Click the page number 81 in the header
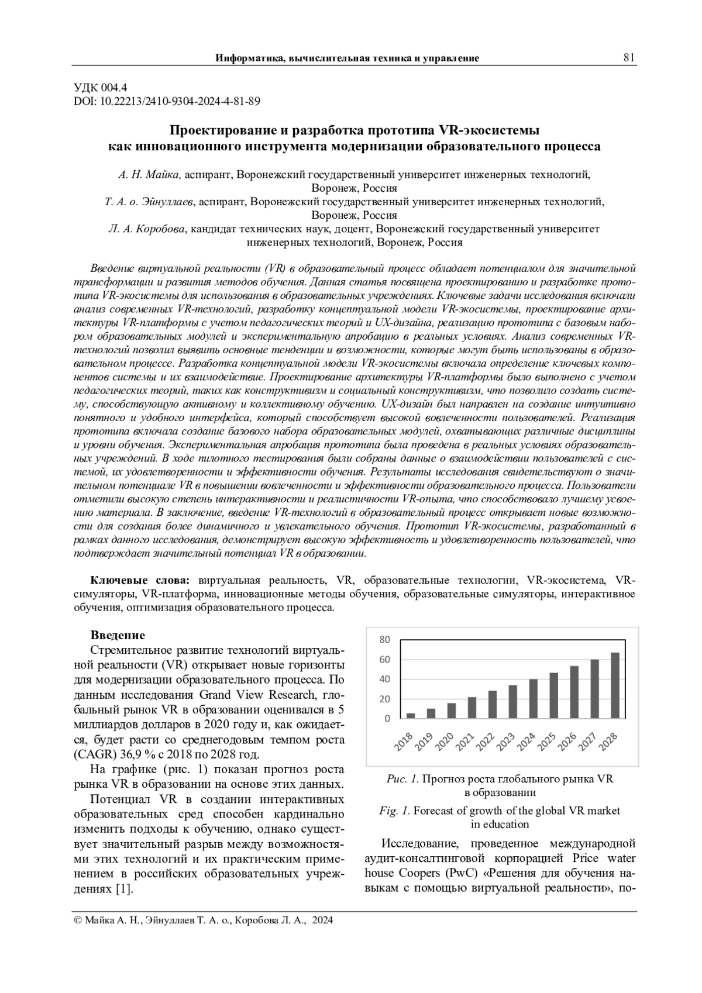(629, 57)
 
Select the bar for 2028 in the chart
(615, 685)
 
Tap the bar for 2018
(411, 715)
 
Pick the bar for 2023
(512, 702)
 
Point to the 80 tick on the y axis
(384, 639)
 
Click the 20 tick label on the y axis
(384, 699)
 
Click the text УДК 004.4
(100, 88)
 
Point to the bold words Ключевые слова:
(140, 580)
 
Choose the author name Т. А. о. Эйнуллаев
(149, 202)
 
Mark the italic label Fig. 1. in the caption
(395, 811)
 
